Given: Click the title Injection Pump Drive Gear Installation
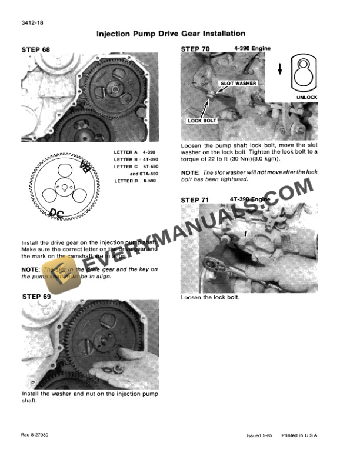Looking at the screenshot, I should coord(171,34).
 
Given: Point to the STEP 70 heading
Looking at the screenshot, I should coord(195,49).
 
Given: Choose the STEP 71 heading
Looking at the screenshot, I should coord(195,200).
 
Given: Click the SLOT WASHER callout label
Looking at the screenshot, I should coord(238,84).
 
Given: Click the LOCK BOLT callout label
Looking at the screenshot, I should coord(202,121).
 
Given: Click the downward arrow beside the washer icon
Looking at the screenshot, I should coord(280,69).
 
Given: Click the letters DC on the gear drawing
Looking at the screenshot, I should coord(58,213).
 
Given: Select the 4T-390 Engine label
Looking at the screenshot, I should coord(251,199).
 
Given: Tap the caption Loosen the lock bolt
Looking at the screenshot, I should coord(211,297).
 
